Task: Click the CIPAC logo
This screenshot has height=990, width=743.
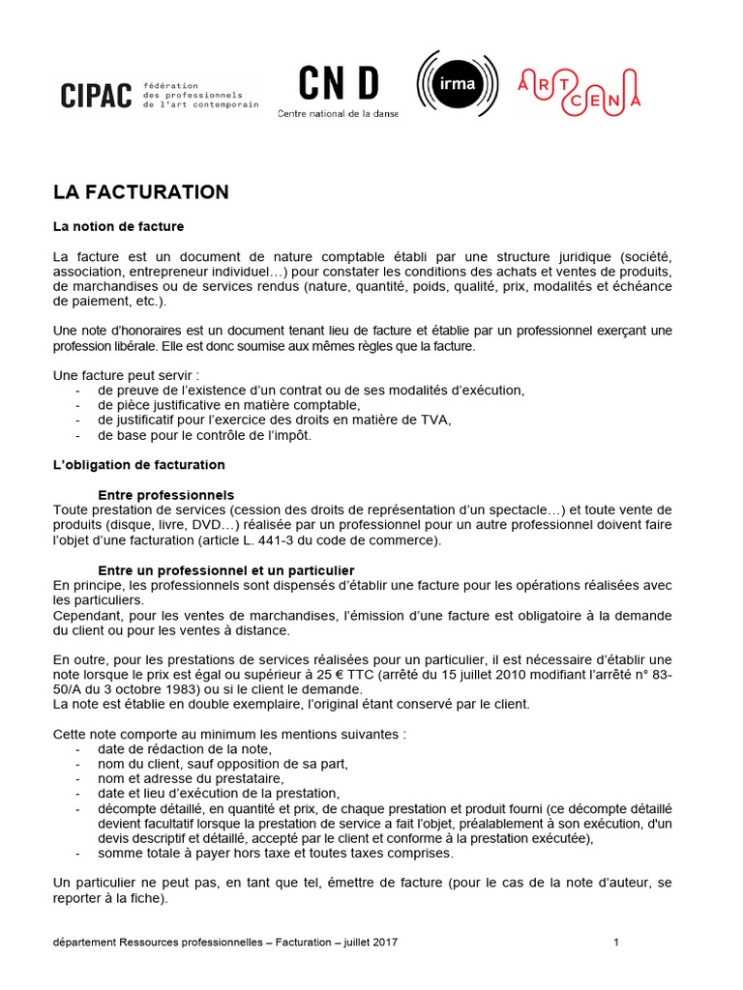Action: pos(96,96)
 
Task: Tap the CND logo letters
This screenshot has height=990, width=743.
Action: pos(338,84)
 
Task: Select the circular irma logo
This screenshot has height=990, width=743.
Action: pos(458,84)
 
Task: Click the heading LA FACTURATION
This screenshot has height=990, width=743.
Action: pos(141,192)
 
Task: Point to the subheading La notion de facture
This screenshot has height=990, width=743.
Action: pos(118,226)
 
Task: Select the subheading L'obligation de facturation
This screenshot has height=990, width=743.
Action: pos(139,465)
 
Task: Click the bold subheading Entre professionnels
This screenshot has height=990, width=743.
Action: pos(166,495)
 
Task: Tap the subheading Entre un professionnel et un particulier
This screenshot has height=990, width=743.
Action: pos(226,570)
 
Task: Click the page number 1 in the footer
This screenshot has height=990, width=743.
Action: pos(616,942)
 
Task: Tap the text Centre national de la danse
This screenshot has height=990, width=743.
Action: pos(338,113)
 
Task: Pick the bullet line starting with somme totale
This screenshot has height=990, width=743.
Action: pos(275,854)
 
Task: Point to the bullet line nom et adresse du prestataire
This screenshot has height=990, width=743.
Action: pos(191,778)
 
